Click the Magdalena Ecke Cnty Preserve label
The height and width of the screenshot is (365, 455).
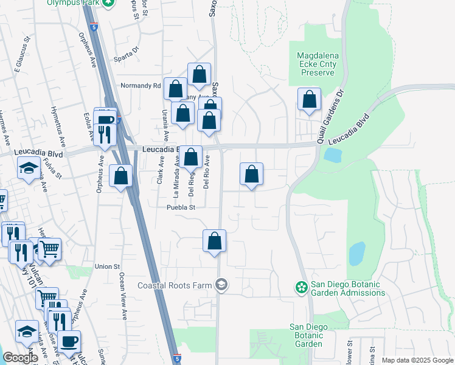coord(316,64)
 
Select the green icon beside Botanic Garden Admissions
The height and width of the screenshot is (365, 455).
coord(300,286)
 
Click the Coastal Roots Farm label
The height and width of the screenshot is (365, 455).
coord(175,285)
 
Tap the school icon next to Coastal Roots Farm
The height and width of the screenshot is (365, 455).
coord(221,285)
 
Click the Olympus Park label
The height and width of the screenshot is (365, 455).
coord(74,2)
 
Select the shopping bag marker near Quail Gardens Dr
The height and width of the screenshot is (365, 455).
coord(309,101)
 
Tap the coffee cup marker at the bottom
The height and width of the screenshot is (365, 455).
coord(69,342)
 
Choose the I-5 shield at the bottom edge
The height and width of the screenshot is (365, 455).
coord(176,360)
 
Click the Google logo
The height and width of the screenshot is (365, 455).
coord(19,358)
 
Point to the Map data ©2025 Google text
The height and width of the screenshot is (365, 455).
coord(417,360)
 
